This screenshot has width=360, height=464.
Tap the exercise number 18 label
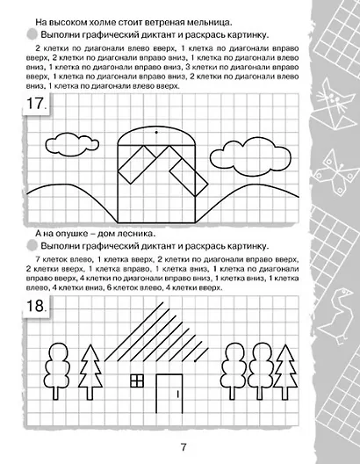[x=38, y=308]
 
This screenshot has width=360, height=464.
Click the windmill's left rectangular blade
[x=133, y=167]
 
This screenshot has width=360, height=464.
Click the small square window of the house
[x=137, y=381]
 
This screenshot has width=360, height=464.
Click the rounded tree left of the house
[x=59, y=366]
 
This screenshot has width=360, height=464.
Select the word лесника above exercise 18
[x=135, y=233]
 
